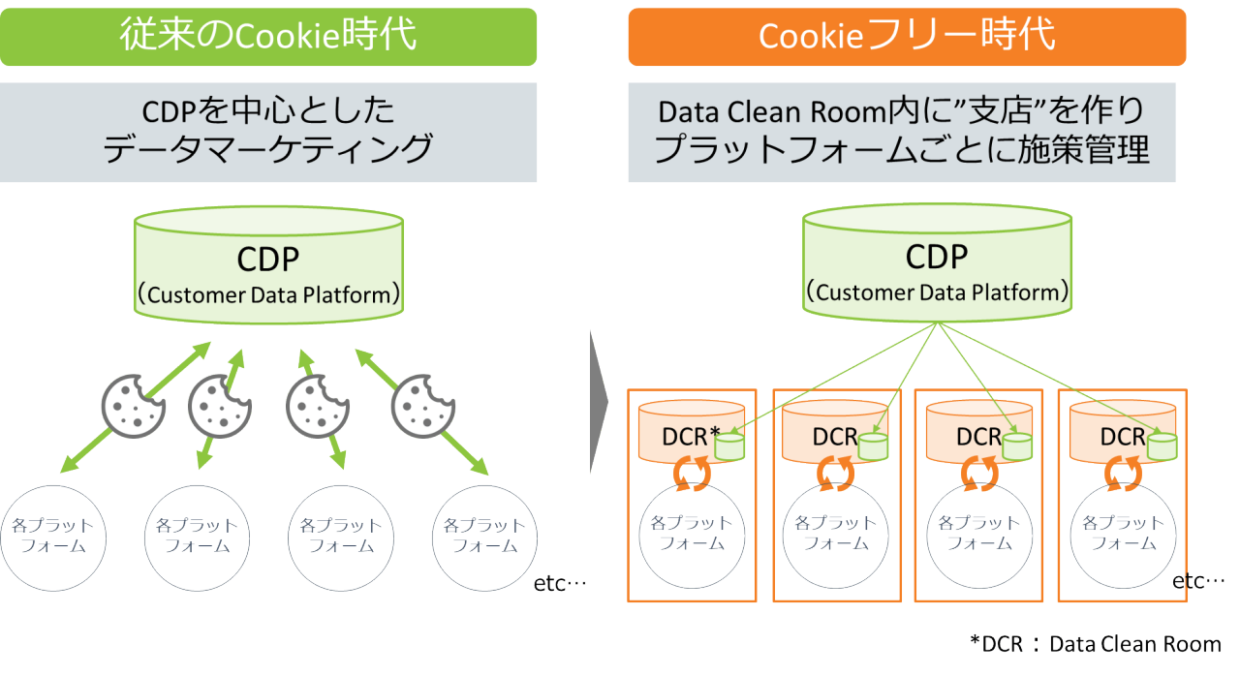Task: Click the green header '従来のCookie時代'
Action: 268,37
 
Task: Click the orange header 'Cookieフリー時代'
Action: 907,37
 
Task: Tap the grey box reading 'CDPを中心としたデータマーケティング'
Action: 268,132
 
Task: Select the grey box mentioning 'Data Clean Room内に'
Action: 901,132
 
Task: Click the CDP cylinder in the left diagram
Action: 267,262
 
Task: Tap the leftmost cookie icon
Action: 133,406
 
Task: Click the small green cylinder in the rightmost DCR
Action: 1162,445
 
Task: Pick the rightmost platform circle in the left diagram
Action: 484,536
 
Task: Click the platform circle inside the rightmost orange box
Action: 1122,534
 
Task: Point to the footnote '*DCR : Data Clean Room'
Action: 1095,644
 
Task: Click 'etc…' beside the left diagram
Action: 561,583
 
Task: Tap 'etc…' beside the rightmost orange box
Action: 1198,580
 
